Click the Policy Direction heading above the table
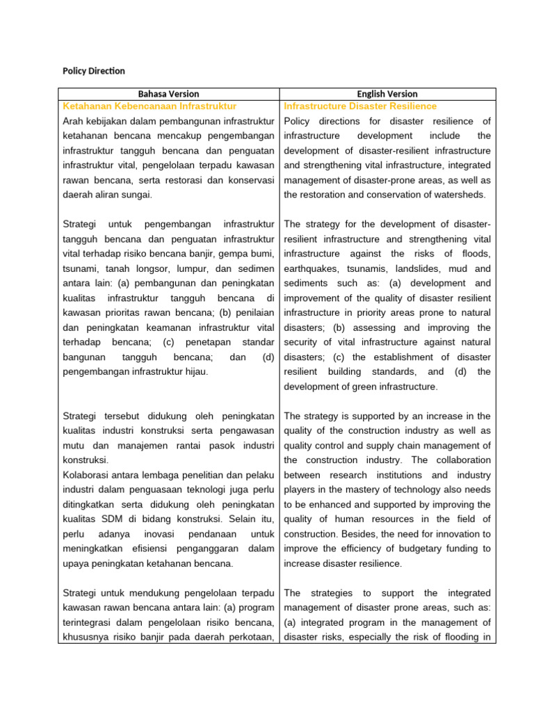coord(94,71)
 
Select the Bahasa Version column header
coord(168,94)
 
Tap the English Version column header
coord(388,94)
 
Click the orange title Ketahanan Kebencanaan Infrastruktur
coord(149,106)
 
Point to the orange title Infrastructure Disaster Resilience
coord(360,106)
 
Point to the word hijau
coord(193,371)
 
